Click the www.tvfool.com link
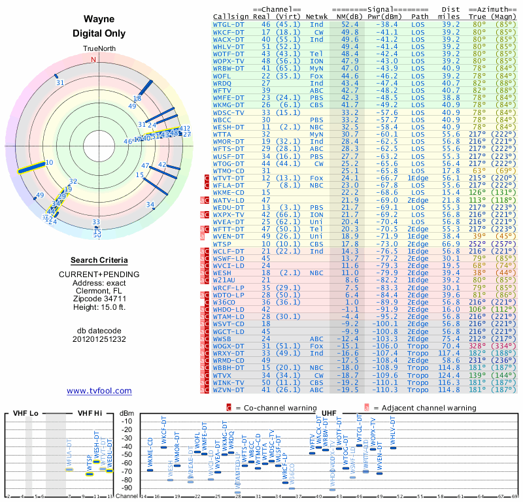click(99, 391)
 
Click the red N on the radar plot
click(93, 59)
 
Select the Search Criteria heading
click(99, 260)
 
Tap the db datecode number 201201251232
click(99, 339)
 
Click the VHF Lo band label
click(25, 413)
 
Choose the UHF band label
click(329, 413)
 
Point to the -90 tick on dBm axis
click(126, 488)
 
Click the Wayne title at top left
click(99, 20)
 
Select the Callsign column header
click(231, 16)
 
